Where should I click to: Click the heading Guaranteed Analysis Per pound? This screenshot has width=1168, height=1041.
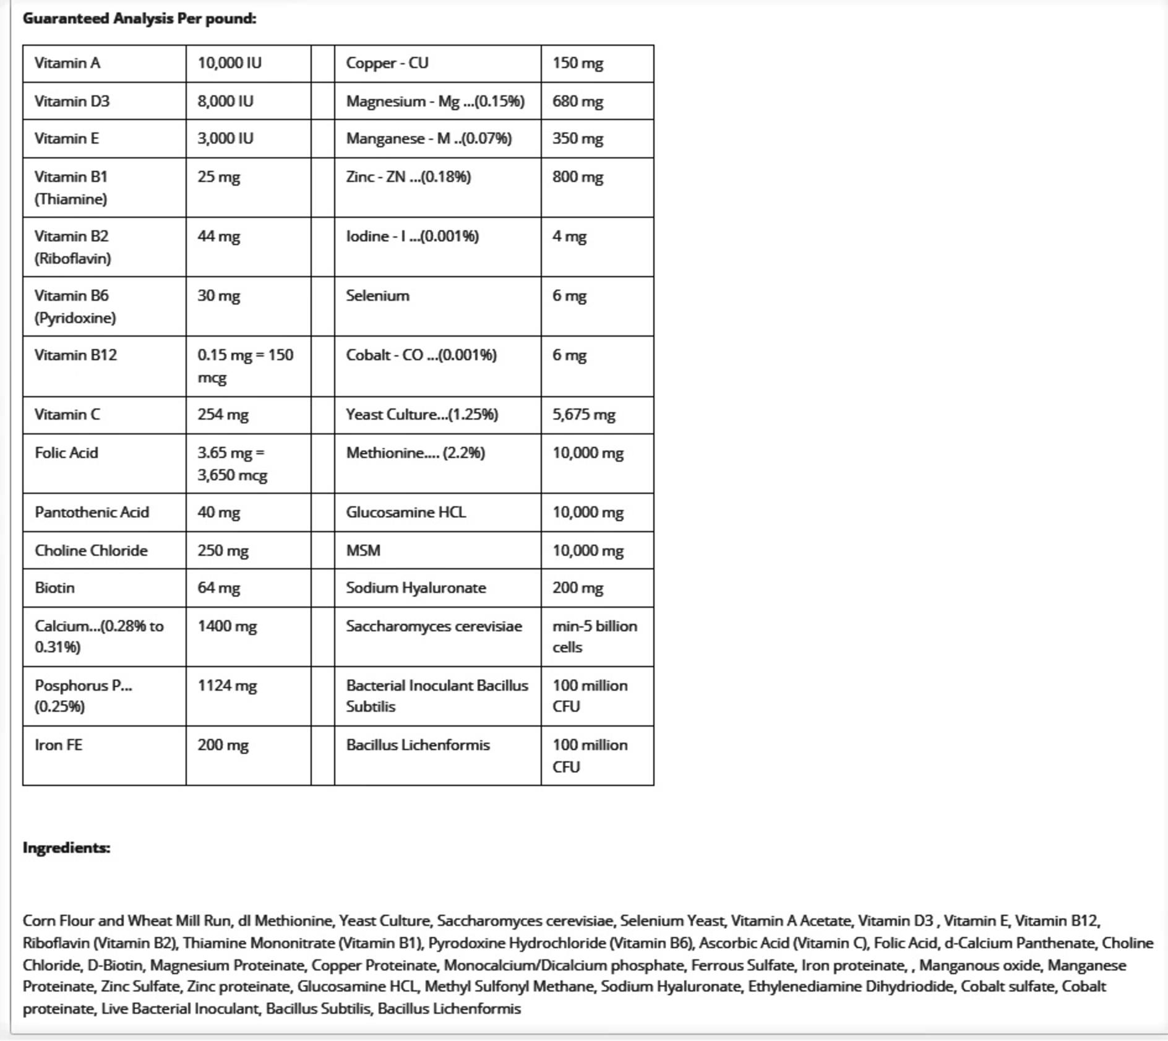(139, 19)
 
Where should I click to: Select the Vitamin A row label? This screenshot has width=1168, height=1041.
(67, 63)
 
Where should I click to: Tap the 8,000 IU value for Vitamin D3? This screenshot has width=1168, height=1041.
(225, 102)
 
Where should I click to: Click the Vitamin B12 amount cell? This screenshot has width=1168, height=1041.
(245, 366)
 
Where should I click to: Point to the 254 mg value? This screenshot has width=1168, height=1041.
(223, 415)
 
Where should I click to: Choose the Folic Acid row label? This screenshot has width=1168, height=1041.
(66, 453)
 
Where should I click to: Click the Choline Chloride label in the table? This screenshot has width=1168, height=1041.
(91, 551)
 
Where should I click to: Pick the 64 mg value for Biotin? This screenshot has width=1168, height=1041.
(218, 588)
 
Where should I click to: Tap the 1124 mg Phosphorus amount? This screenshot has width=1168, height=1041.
(227, 686)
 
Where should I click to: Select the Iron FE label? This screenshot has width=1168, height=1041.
(58, 745)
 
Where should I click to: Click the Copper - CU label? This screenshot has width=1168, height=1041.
(387, 63)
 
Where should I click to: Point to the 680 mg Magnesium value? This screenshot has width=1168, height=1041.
(577, 102)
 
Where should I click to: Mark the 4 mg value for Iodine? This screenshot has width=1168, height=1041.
(569, 236)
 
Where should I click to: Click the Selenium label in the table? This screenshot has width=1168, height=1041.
(377, 296)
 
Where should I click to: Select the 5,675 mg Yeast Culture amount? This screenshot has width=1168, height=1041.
(583, 415)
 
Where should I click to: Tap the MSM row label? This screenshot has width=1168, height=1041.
(363, 551)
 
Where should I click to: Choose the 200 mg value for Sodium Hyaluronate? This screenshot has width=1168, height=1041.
(577, 588)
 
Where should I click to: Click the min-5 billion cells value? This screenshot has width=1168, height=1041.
(594, 636)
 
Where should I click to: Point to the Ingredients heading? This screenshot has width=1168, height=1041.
(66, 848)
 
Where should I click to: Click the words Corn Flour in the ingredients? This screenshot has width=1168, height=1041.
(58, 921)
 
